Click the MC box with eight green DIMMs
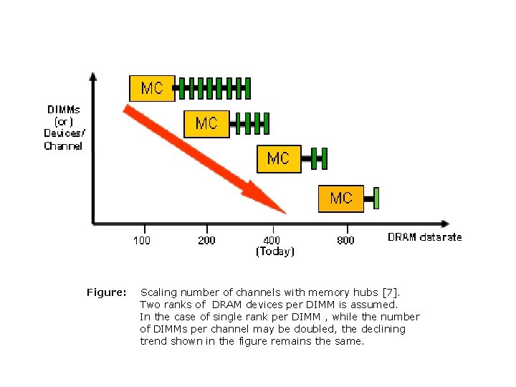[152, 88]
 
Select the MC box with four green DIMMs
[206, 123]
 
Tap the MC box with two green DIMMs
[278, 158]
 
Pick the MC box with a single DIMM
[341, 197]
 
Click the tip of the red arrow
[285, 212]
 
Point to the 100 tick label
[142, 240]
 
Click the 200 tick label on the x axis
[206, 240]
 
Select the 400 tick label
[272, 240]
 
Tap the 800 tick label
[345, 240]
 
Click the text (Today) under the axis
[275, 252]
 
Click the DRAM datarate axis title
[425, 237]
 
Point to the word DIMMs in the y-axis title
[64, 110]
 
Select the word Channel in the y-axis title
[63, 146]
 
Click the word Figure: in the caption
[107, 292]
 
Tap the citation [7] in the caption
[391, 292]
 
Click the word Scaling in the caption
[158, 292]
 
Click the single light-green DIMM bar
[376, 197]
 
